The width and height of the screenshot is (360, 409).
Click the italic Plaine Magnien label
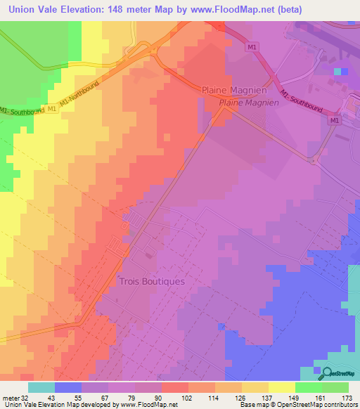[249, 103]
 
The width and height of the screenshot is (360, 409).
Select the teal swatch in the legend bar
[41, 387]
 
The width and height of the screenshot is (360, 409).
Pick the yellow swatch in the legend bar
[281, 387]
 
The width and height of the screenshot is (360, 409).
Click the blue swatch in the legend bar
[67, 387]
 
